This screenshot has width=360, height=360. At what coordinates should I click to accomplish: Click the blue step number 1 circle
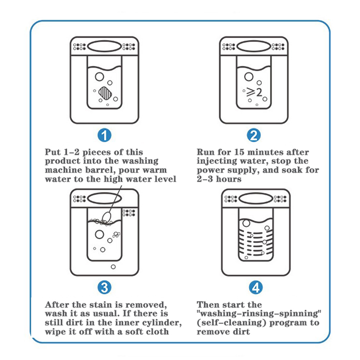pyautogui.click(x=105, y=135)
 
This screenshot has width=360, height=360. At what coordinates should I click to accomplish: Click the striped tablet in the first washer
pyautogui.click(x=105, y=94)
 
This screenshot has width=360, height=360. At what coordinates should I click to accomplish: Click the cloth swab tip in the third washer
pyautogui.click(x=106, y=217)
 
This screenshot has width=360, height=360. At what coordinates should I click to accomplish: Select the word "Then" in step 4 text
pyautogui.click(x=209, y=305)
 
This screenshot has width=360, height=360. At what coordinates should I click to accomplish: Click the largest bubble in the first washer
pyautogui.click(x=98, y=77)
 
